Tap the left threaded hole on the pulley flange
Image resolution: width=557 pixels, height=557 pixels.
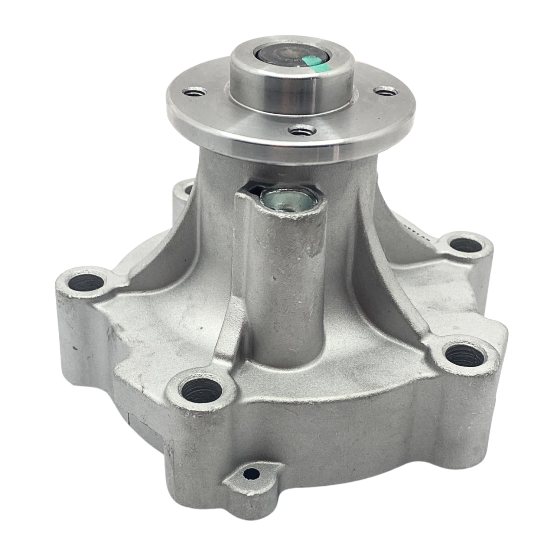click(193, 91)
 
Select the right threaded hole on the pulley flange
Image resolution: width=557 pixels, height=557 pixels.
click(386, 91)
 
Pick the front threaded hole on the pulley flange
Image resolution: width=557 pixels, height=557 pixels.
click(302, 131)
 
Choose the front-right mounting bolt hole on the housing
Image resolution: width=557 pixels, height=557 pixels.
click(465, 354)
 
